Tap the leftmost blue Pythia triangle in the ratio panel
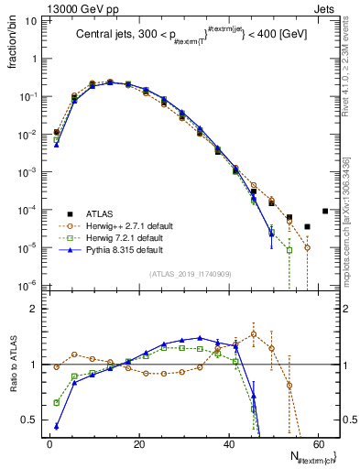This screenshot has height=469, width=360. point(57,426)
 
